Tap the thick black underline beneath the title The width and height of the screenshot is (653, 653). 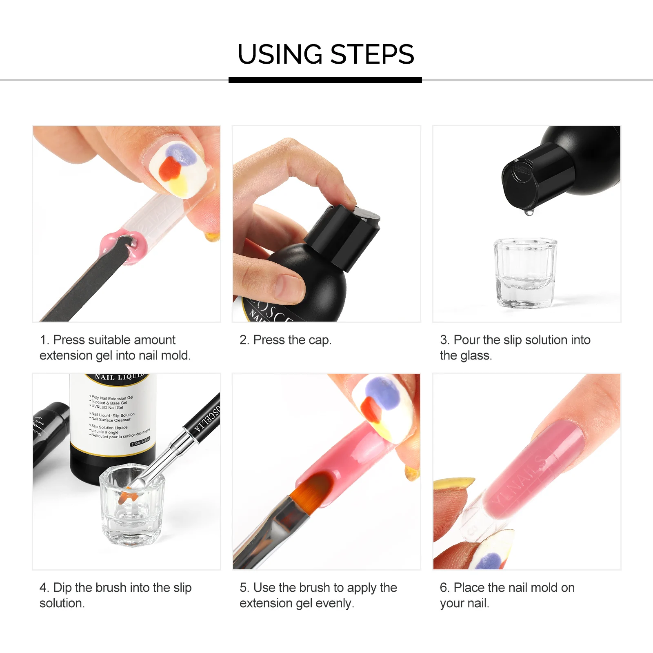pos(325,80)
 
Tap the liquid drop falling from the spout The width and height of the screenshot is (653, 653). pos(529,213)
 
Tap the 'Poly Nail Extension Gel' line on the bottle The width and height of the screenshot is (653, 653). pos(112,398)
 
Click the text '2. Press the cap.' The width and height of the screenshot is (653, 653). pos(285,340)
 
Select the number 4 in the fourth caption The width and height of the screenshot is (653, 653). pos(43,588)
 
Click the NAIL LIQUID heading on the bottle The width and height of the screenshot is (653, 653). pos(119,377)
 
